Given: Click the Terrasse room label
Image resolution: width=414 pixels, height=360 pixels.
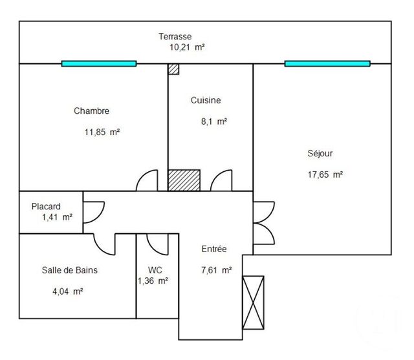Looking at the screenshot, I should [176, 36].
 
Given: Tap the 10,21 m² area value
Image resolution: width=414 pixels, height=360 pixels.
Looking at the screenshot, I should [186, 47].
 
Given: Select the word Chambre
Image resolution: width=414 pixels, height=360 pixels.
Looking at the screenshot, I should [91, 111].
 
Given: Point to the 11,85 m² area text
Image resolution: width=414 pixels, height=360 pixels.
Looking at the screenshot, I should [102, 132].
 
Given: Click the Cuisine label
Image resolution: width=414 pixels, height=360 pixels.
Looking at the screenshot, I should [206, 100].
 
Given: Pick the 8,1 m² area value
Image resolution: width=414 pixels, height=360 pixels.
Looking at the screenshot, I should [213, 121].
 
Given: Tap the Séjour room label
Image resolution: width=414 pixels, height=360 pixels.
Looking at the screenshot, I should [320, 154].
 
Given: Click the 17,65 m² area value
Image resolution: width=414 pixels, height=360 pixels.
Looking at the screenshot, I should [325, 174].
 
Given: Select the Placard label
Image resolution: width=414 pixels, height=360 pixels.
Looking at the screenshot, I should [47, 207].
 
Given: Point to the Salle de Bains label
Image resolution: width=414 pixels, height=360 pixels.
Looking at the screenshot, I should [70, 270].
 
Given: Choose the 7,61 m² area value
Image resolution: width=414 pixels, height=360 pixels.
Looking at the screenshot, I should [217, 271].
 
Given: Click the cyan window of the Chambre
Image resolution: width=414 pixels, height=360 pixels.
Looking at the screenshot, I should [99, 63].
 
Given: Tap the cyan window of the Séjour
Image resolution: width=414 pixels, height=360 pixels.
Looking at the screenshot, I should [327, 63].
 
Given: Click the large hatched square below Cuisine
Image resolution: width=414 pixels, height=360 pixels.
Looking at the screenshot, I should [185, 180].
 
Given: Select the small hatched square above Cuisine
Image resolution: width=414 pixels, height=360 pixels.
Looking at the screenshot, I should [173, 70].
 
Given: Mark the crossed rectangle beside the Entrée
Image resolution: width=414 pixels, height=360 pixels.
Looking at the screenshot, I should [253, 301].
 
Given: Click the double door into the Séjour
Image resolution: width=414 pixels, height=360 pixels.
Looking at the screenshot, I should [261, 223].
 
